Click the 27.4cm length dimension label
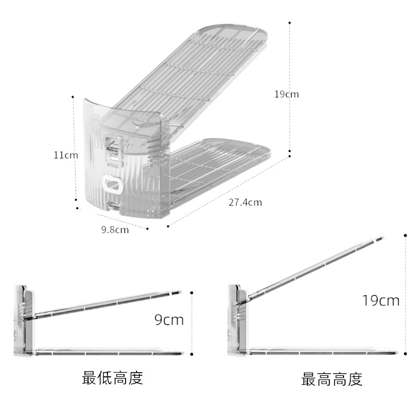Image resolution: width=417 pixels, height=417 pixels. point(244,202)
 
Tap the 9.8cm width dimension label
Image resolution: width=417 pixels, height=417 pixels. point(115,229)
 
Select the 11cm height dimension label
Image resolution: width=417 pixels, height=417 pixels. point(65,155)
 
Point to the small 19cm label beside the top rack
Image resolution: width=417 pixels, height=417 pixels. point(287,94)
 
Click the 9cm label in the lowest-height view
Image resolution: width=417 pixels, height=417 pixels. point(169,320)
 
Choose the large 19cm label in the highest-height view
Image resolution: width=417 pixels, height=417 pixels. point(381,300)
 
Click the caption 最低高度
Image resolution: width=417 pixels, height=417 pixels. point(112,377)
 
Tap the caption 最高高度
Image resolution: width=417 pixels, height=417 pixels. point(332,379)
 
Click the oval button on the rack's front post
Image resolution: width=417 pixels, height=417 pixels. point(113,183)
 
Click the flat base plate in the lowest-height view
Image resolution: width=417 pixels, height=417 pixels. point(109,353)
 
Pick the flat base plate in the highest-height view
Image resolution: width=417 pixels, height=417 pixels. point(323,353)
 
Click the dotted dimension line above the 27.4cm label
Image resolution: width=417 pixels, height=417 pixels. point(229,190)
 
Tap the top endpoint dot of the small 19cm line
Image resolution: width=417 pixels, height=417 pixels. point(290,23)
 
